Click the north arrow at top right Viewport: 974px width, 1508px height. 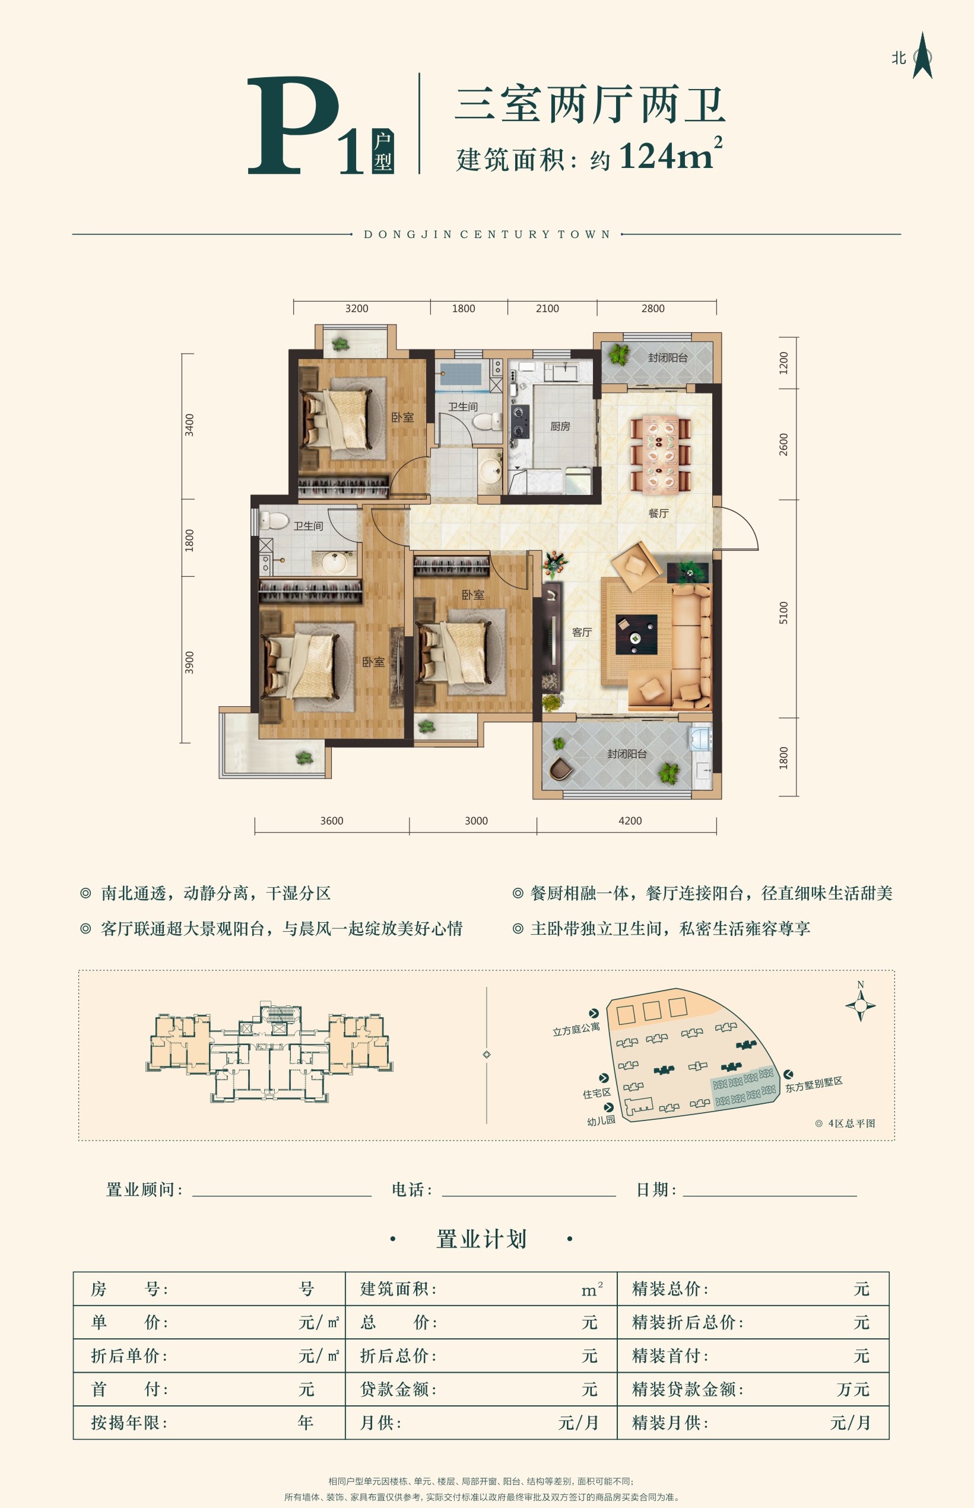click(x=922, y=56)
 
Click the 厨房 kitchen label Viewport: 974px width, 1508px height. click(x=560, y=426)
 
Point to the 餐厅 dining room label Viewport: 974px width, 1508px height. click(x=658, y=513)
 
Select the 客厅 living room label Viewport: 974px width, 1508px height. click(x=581, y=631)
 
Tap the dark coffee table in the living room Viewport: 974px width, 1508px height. click(x=636, y=634)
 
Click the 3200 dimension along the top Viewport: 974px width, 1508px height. click(x=356, y=309)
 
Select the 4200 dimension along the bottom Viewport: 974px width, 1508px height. click(x=629, y=821)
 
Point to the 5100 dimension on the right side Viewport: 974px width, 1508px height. click(x=783, y=612)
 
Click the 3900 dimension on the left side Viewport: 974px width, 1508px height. click(x=189, y=662)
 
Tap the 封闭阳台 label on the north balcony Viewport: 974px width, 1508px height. click(x=667, y=358)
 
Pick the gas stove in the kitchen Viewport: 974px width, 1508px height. click(x=520, y=422)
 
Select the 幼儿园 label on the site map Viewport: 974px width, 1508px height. click(x=601, y=1120)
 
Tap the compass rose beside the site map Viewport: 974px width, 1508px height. click(x=860, y=1005)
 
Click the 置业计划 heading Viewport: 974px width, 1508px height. click(x=481, y=1239)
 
